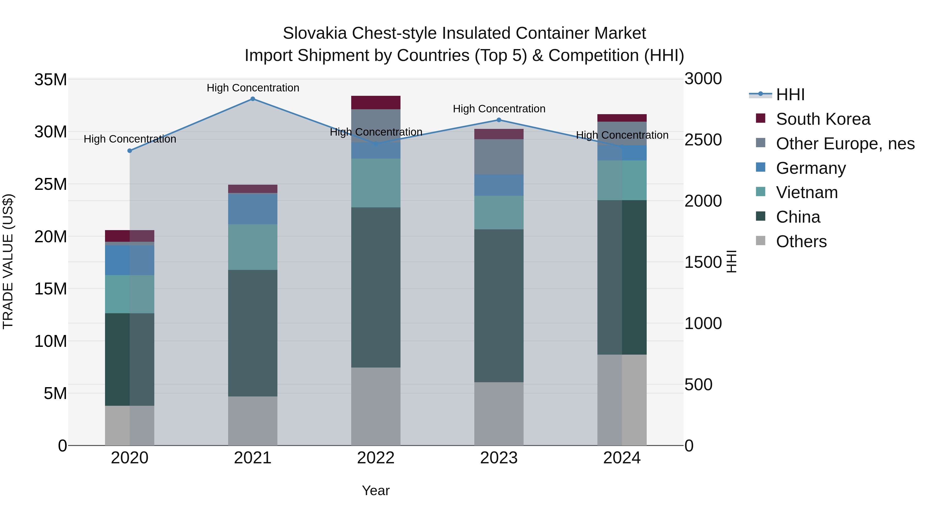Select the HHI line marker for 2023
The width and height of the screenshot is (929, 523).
(499, 120)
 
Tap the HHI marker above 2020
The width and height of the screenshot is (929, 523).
(130, 151)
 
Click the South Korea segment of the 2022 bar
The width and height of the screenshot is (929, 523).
(376, 103)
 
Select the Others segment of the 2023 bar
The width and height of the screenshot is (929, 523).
(499, 414)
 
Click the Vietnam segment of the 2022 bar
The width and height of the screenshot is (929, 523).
(376, 183)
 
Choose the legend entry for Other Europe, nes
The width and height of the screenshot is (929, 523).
(845, 144)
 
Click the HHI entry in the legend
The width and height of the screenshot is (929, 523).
(790, 95)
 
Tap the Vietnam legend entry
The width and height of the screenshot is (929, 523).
(807, 192)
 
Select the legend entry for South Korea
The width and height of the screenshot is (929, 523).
(823, 119)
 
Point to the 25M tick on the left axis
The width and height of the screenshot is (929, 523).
(51, 184)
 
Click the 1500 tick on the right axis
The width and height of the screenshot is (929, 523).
(703, 262)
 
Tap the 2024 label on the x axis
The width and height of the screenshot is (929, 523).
(622, 458)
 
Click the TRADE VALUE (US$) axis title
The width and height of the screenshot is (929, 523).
(8, 261)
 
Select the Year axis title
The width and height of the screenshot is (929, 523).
(376, 490)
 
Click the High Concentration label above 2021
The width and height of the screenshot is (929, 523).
(253, 88)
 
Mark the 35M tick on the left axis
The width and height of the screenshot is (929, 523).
(51, 79)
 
